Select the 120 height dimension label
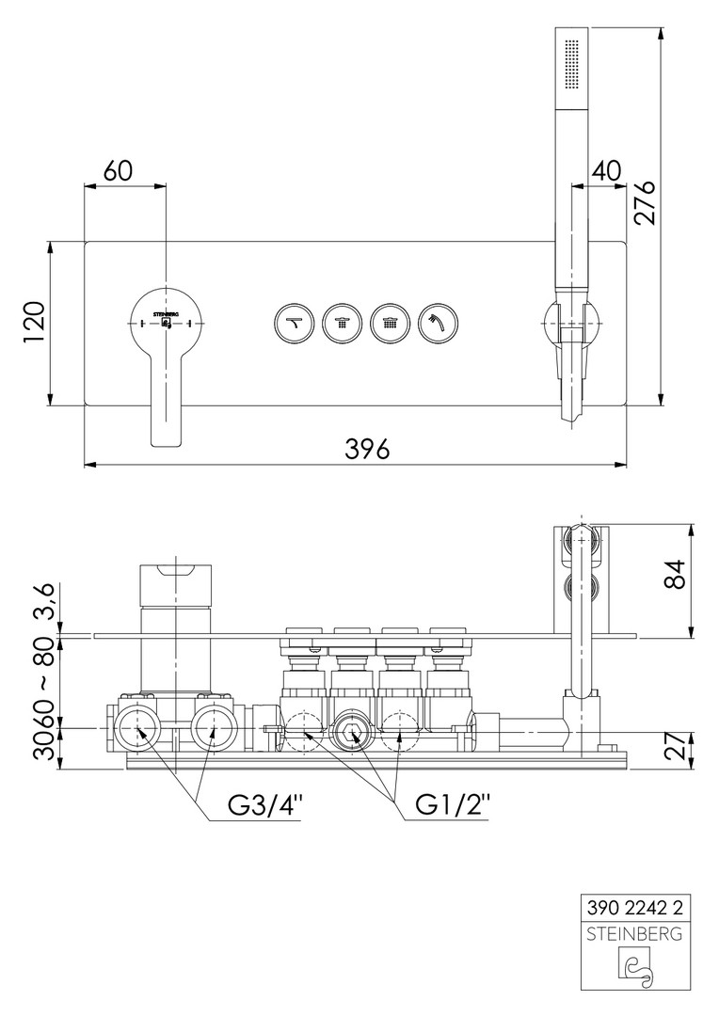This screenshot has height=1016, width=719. coord(35,325)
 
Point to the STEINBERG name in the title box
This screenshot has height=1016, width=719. coord(635,934)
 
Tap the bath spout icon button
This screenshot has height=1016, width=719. coord(295,322)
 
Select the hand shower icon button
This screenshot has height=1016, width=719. coord(439,322)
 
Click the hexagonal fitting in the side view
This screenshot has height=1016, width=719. coord(353,734)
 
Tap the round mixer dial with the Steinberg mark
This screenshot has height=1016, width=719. coord(167,322)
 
